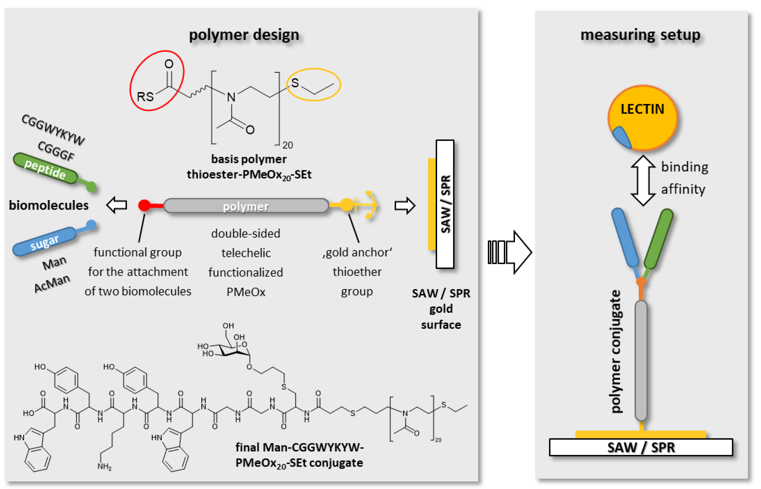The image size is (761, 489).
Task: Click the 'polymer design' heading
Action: (244, 35)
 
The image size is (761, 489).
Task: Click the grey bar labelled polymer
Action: (246, 206)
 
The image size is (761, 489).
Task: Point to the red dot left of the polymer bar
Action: (144, 205)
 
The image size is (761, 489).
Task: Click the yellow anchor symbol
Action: (368, 205)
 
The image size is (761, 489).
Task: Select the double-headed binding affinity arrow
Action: (643, 180)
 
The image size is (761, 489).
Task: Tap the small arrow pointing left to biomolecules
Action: (117, 205)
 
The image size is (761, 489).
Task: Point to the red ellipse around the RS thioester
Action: (157, 81)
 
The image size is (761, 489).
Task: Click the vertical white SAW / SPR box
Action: (445, 204)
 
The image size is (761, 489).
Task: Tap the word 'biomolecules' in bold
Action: (49, 205)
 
